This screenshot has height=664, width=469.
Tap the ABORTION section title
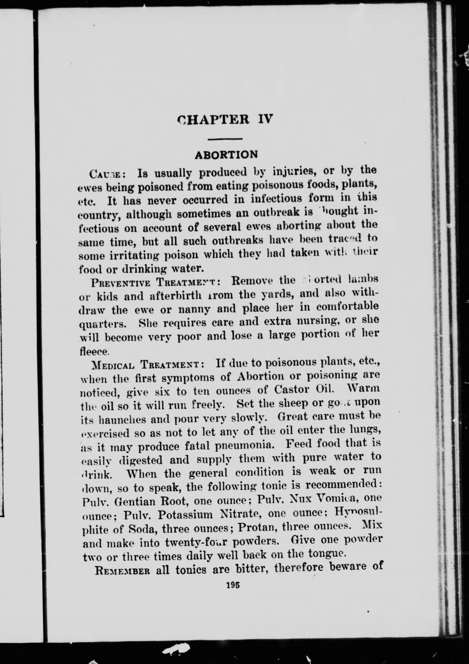point(226,155)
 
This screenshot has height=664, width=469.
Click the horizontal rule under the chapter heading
point(225,140)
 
